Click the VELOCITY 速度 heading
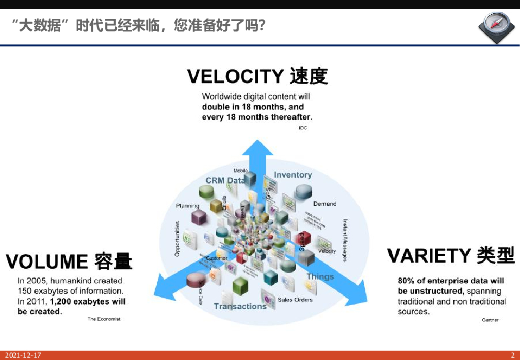257,76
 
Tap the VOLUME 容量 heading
69,261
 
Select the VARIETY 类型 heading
451,255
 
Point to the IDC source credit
303,128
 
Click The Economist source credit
104,319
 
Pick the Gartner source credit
490,320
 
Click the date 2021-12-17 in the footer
23,355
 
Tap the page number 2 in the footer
512,355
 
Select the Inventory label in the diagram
292,175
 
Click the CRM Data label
225,181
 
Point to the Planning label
187,206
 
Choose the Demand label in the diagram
324,204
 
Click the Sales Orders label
295,300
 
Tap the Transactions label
240,306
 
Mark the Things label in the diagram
320,277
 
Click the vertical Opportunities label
177,239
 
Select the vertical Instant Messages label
345,240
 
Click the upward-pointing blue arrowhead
256,148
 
